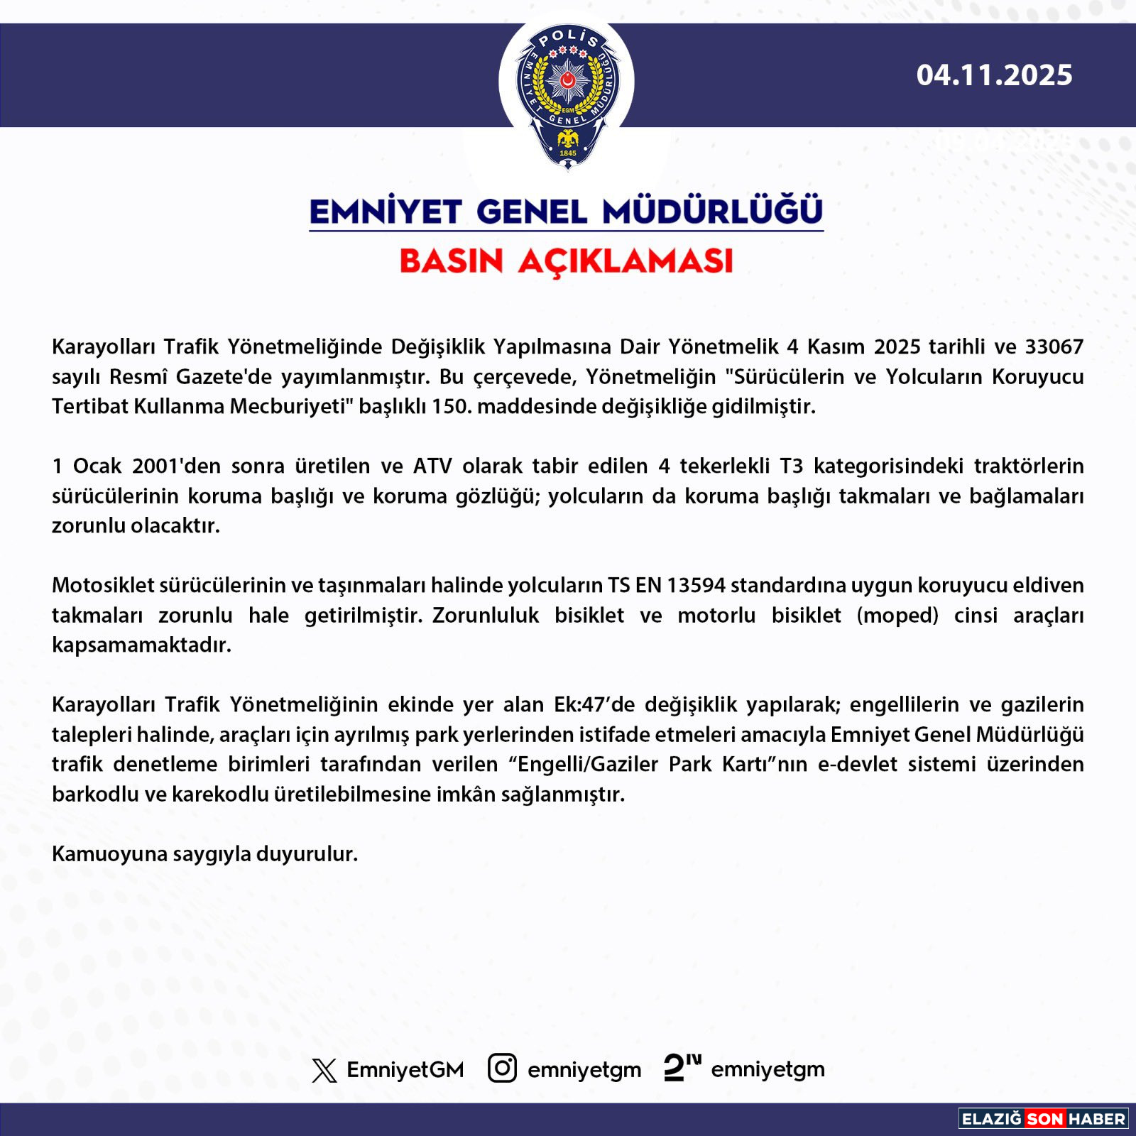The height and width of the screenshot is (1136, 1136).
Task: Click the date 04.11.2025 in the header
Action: pos(994,75)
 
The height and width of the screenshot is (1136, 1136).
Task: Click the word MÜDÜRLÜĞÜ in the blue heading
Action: pos(712,212)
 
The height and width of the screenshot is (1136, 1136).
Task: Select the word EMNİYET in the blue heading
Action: pos(386,212)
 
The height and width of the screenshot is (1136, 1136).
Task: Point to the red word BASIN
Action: pos(452,261)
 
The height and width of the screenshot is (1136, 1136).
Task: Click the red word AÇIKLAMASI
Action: pos(626,261)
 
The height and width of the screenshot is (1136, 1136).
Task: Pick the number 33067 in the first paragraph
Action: pos(1054,346)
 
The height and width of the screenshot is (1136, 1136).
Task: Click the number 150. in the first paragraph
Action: pos(452,406)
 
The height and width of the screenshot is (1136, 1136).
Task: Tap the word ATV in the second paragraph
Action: pos(432,466)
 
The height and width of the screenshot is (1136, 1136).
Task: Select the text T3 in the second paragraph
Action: pos(792,466)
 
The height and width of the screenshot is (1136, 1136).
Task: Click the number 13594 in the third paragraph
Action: pos(696,585)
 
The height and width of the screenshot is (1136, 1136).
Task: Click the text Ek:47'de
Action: pos(594,704)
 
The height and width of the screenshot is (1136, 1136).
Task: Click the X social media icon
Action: pos(324,1070)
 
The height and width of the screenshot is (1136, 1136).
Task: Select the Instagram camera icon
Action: pos(502,1069)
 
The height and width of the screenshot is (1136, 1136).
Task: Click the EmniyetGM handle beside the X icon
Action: pos(405,1070)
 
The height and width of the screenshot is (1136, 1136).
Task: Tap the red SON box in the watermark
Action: pos(1044,1119)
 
